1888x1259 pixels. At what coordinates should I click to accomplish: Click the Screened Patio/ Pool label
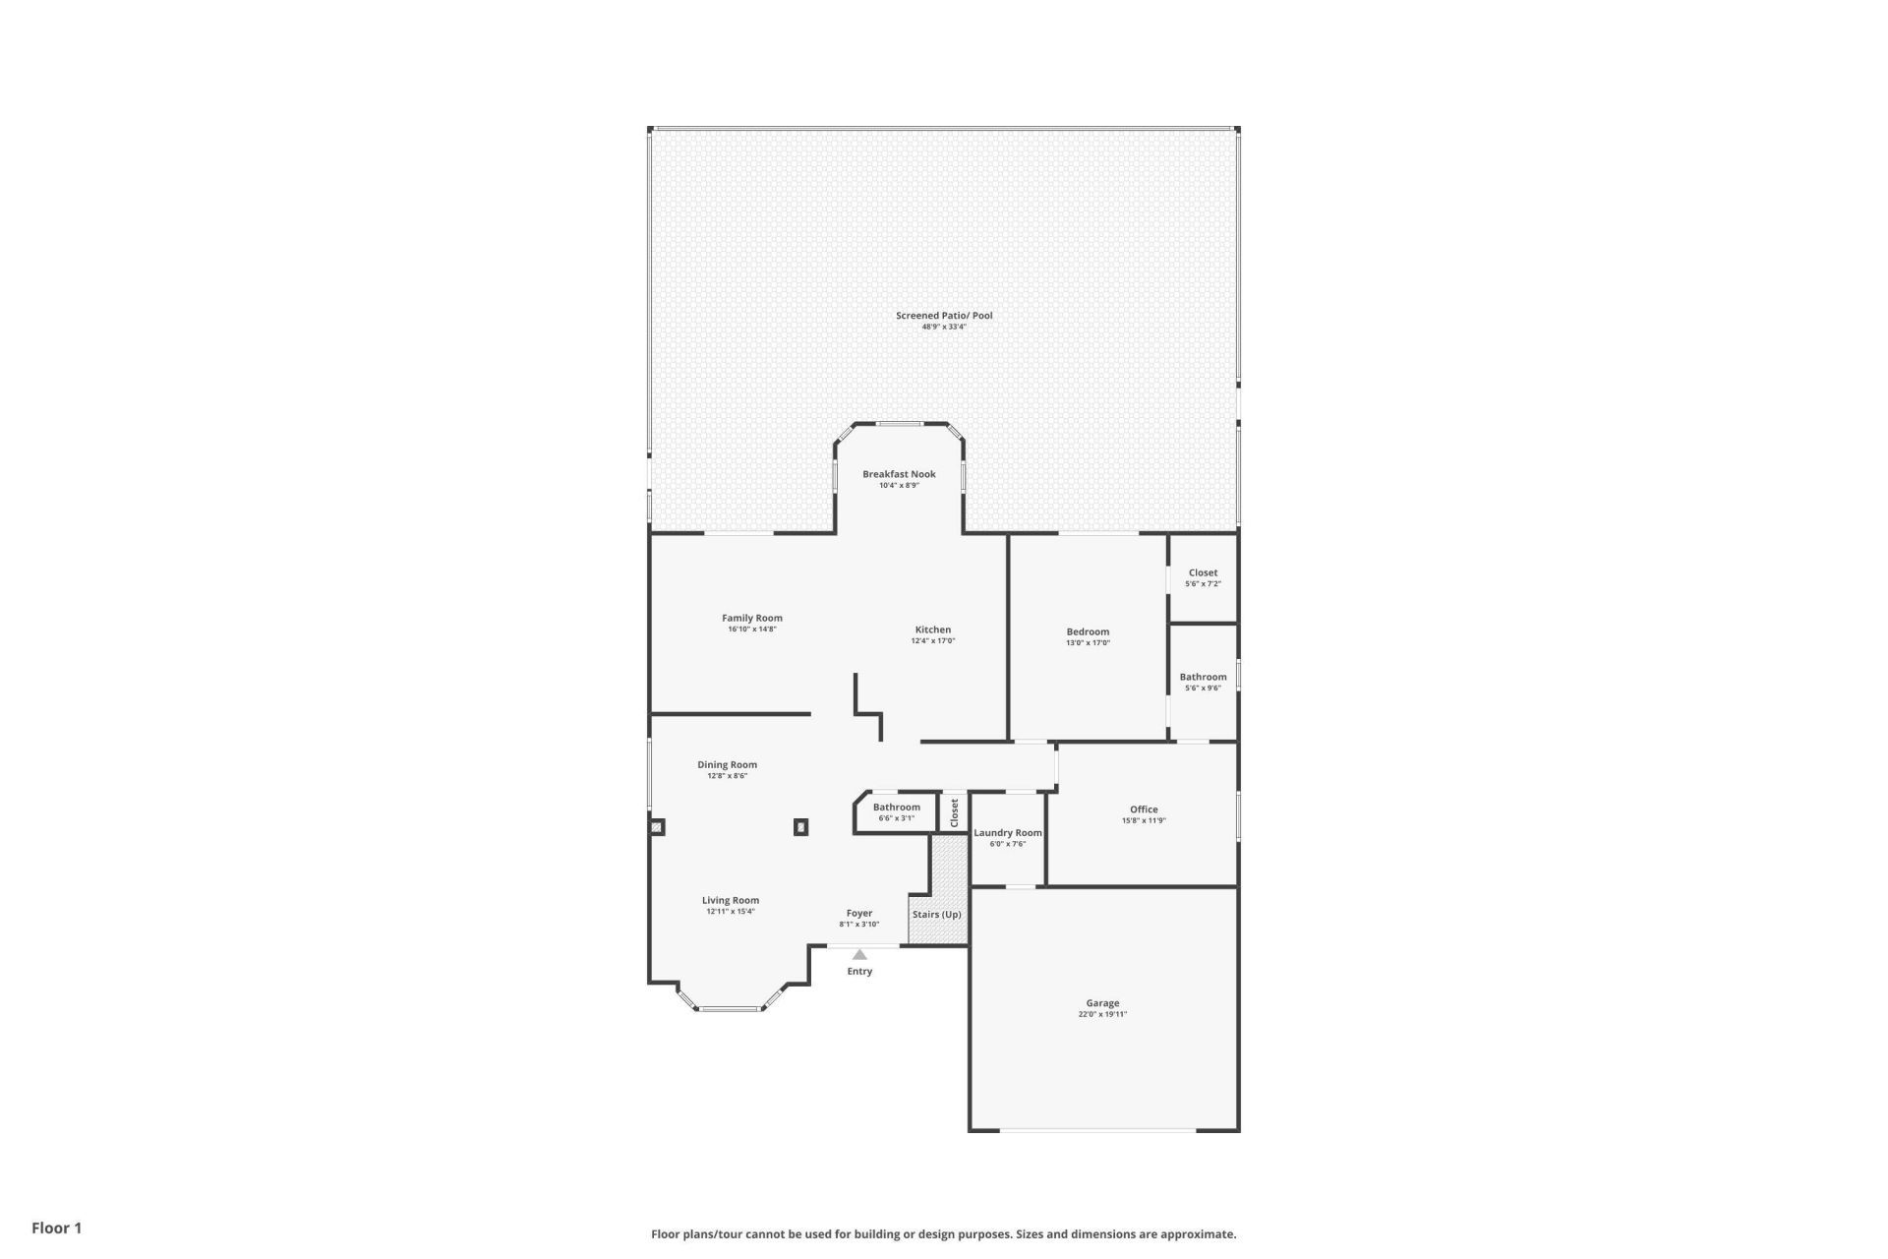pos(943,316)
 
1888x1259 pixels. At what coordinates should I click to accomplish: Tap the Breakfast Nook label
pos(899,474)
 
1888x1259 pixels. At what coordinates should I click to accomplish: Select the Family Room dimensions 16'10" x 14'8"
pos(752,629)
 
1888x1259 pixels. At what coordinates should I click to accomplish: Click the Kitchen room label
pos(932,629)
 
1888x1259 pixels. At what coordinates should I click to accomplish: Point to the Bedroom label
pos(1088,631)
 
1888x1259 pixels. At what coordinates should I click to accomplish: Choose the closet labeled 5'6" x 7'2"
pos(1203,577)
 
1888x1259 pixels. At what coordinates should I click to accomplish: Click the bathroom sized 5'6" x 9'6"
pos(1203,682)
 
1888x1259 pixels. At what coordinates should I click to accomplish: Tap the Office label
pos(1144,809)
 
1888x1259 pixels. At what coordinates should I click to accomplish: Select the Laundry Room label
pos(1007,832)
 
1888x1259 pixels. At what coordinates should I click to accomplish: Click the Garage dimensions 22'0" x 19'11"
pos(1102,1014)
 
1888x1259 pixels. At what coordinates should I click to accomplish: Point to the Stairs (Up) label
pos(936,915)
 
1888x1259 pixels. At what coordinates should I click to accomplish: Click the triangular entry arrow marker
pos(859,954)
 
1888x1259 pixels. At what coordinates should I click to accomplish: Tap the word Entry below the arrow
pos(859,972)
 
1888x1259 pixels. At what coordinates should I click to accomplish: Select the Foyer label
pos(859,913)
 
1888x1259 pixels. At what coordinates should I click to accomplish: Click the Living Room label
pos(731,900)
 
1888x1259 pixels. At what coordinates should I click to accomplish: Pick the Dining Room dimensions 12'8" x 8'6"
pos(728,776)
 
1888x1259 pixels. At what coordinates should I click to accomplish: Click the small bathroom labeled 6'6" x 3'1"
pos(896,811)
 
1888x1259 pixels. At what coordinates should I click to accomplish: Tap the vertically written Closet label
pos(954,812)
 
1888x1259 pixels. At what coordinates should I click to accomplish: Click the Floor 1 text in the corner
pos(57,1228)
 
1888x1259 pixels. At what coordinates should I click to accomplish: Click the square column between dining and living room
pos(801,827)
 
